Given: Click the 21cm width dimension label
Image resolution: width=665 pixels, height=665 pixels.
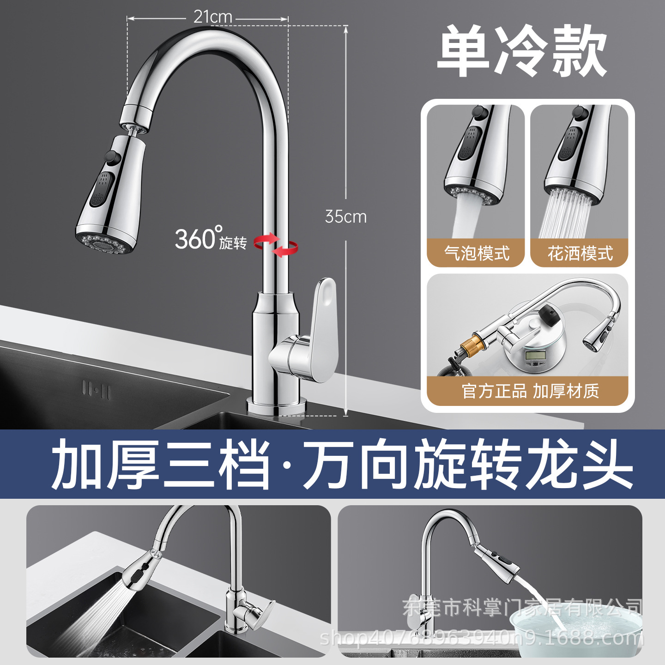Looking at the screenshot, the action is click(212, 17).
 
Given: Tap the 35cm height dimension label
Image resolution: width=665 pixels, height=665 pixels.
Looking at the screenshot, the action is click(346, 217).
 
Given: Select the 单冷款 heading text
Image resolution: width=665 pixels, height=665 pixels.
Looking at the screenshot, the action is click(521, 51).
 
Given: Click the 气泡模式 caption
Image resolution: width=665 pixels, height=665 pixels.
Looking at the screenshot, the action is click(477, 253).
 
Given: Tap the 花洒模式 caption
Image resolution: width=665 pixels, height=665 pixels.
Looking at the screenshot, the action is click(580, 253).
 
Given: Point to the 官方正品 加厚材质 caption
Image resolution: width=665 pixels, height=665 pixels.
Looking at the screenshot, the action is click(531, 391).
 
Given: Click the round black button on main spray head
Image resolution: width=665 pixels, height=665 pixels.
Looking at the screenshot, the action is click(113, 157).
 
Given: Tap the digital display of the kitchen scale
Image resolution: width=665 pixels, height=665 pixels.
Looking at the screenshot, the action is click(534, 356).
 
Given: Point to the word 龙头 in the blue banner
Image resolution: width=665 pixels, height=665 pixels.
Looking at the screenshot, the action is click(579, 464).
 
